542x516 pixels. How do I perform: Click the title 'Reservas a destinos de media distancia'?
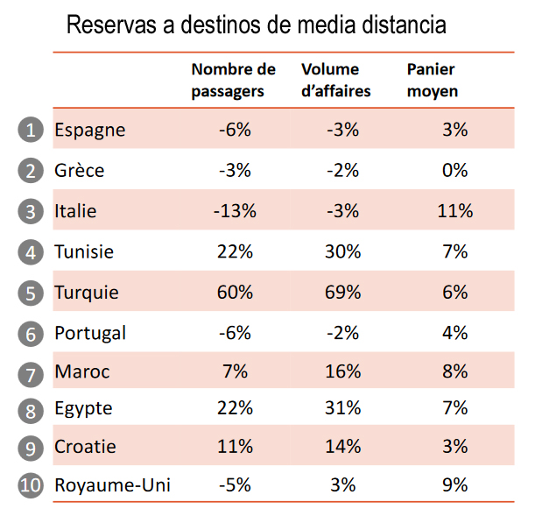256,25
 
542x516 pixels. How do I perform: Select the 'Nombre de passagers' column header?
233,80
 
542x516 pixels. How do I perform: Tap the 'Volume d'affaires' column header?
335,80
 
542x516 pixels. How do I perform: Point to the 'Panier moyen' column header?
432,80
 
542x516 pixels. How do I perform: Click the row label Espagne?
89,130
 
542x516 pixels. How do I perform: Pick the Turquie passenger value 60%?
235,292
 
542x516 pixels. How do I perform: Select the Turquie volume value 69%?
342,292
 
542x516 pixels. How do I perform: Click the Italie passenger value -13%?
235,211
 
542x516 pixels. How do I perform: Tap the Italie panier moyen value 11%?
454,211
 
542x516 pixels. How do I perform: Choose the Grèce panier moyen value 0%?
454,170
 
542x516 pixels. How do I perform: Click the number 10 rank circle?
31,485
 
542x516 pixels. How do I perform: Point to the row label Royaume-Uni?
112,485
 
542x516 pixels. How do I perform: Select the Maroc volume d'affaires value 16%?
342,371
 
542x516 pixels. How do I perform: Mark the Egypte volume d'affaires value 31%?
342,408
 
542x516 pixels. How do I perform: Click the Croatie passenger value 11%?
235,446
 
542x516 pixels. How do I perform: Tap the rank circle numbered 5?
31,293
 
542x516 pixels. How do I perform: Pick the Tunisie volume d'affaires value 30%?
342,252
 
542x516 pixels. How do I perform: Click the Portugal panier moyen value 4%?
454,333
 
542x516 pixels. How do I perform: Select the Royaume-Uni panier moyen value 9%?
454,484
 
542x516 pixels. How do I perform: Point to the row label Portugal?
90,333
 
